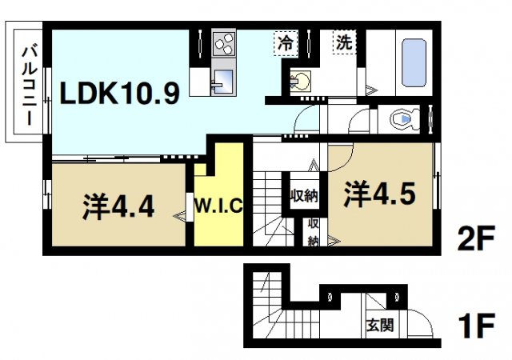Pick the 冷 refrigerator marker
(x=286, y=43)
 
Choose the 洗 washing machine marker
(x=344, y=43)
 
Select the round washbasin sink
(x=302, y=80)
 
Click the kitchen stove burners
(x=224, y=43)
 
